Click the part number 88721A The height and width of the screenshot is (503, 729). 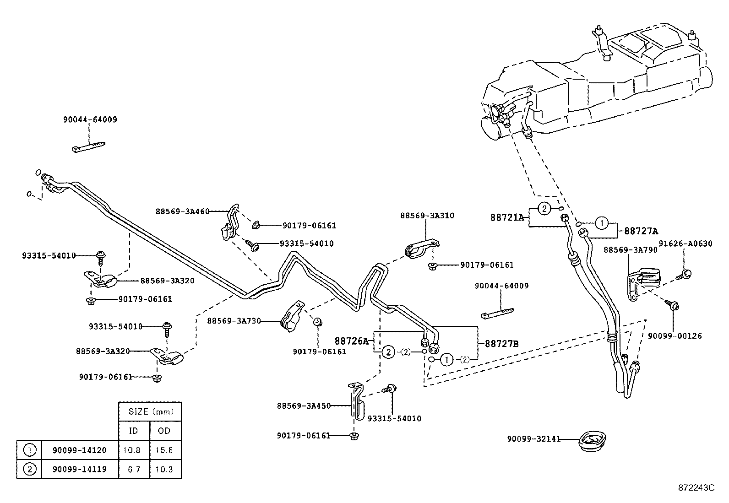pos(507,218)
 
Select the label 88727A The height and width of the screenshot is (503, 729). pos(641,231)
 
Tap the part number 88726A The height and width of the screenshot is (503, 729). pos(351,341)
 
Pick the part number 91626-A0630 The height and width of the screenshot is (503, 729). pos(685,243)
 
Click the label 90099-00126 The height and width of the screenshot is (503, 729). pos(675,335)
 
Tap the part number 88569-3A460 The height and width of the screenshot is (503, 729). pos(182,211)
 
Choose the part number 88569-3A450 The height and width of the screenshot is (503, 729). pos(303,406)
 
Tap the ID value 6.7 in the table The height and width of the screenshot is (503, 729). pos(134,469)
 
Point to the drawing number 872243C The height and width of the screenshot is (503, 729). pos(696,487)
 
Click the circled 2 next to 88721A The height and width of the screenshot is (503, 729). pos(544,209)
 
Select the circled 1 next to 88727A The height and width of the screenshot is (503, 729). pos(601,223)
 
